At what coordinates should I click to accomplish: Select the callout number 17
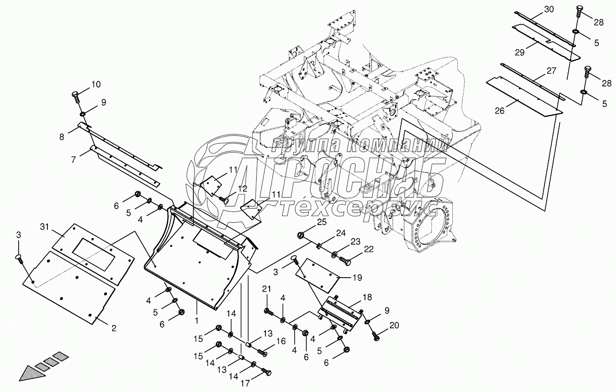tap(245, 384)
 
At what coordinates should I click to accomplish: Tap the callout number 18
tap(367, 297)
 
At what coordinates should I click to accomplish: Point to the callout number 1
tap(197, 320)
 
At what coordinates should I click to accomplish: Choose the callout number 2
tap(113, 328)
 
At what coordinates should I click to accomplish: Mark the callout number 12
tap(243, 188)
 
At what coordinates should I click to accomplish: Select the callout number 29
tap(520, 53)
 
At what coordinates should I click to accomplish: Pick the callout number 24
tap(341, 233)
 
